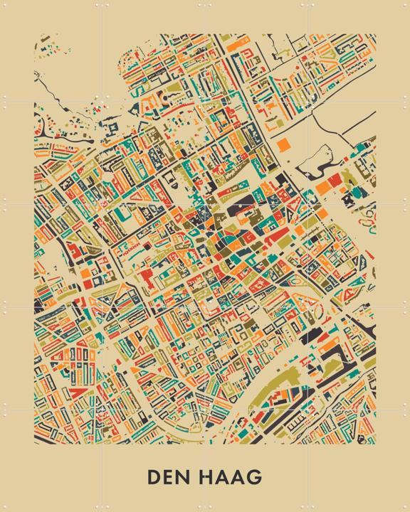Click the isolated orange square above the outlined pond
click(283, 144)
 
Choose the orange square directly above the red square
click(85, 271)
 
